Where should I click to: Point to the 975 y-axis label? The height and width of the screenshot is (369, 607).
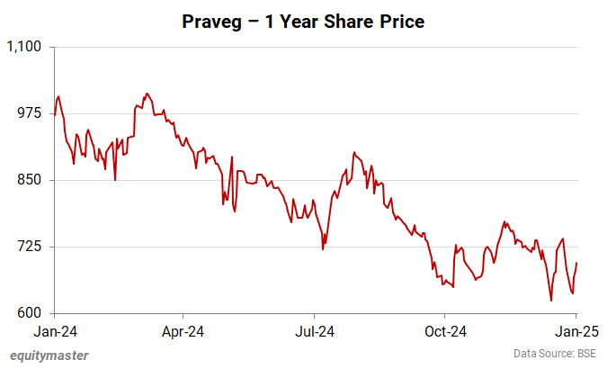pyautogui.click(x=31, y=113)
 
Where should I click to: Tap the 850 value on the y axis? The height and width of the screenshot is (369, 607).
pyautogui.click(x=31, y=180)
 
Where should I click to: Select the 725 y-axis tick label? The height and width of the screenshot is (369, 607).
pyautogui.click(x=31, y=247)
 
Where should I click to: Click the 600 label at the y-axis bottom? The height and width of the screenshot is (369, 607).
pyautogui.click(x=31, y=314)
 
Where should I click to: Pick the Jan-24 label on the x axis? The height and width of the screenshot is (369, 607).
pyautogui.click(x=53, y=330)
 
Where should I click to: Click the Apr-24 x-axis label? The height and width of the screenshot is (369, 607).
pyautogui.click(x=183, y=330)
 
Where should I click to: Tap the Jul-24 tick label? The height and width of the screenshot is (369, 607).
pyautogui.click(x=315, y=330)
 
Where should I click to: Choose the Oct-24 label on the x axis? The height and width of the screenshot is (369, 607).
pyautogui.click(x=445, y=330)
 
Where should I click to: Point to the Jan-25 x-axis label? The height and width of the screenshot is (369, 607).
pyautogui.click(x=576, y=330)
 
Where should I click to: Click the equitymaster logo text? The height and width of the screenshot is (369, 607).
pyautogui.click(x=49, y=355)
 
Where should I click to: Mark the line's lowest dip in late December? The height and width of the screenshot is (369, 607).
pyautogui.click(x=550, y=301)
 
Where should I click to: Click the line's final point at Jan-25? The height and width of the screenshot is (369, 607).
pyautogui.click(x=576, y=263)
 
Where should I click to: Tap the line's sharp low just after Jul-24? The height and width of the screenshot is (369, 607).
pyautogui.click(x=323, y=249)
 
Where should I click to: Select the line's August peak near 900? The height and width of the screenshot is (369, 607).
pyautogui.click(x=354, y=153)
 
